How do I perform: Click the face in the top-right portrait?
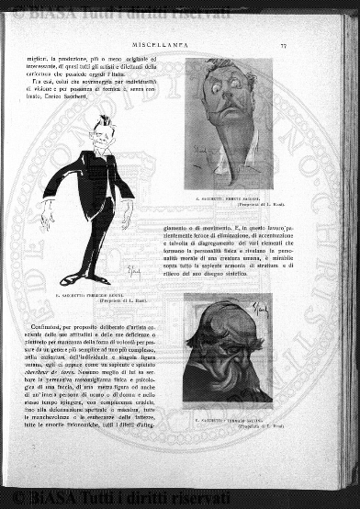pos(220,100)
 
